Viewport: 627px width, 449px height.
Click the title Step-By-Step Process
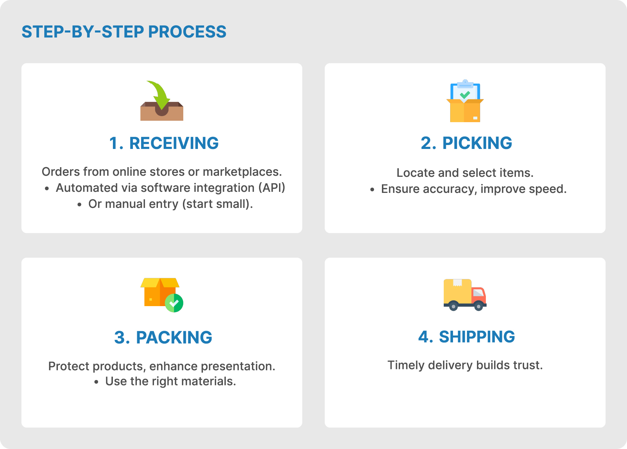[124, 32]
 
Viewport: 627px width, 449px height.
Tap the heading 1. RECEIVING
[164, 143]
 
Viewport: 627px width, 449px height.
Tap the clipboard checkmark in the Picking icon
[465, 95]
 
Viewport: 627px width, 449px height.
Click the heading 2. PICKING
[466, 143]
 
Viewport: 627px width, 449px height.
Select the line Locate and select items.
[465, 173]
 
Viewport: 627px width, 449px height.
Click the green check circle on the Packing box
[174, 303]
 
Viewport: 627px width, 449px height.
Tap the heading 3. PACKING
[163, 338]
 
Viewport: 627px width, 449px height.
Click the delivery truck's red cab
[478, 295]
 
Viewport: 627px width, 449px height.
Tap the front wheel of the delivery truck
[478, 306]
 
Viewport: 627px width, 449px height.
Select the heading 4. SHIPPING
[466, 337]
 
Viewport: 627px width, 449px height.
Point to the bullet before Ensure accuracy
[372, 189]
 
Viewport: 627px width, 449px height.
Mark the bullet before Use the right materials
[96, 382]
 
